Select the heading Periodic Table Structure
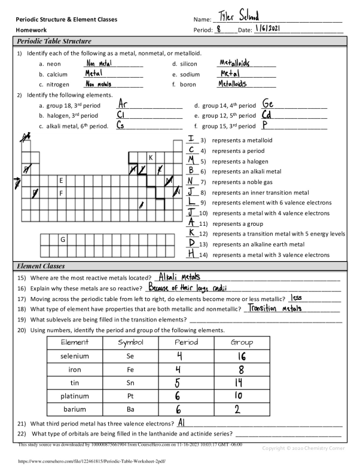pyautogui.click(x=54, y=42)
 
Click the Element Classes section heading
pyautogui.click(x=41, y=266)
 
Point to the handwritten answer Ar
pyautogui.click(x=123, y=104)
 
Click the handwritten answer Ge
pyautogui.click(x=268, y=104)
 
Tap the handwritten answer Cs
pyautogui.click(x=120, y=125)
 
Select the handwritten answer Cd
pyautogui.click(x=267, y=115)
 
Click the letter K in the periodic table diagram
pyautogui.click(x=151, y=158)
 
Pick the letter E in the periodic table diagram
pyautogui.click(x=61, y=180)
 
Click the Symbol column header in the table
pyautogui.click(x=130, y=342)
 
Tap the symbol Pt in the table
pyautogui.click(x=130, y=396)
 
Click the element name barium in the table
pyautogui.click(x=75, y=409)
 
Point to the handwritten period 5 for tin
pyautogui.click(x=178, y=382)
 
